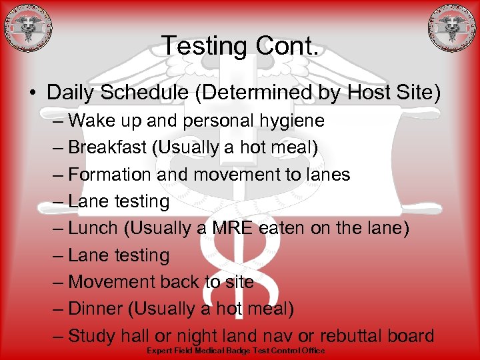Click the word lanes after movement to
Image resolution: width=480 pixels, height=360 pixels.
pos(325,175)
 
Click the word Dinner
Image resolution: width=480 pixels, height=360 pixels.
pos(97,309)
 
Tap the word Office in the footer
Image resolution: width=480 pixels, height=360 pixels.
pos(312,351)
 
